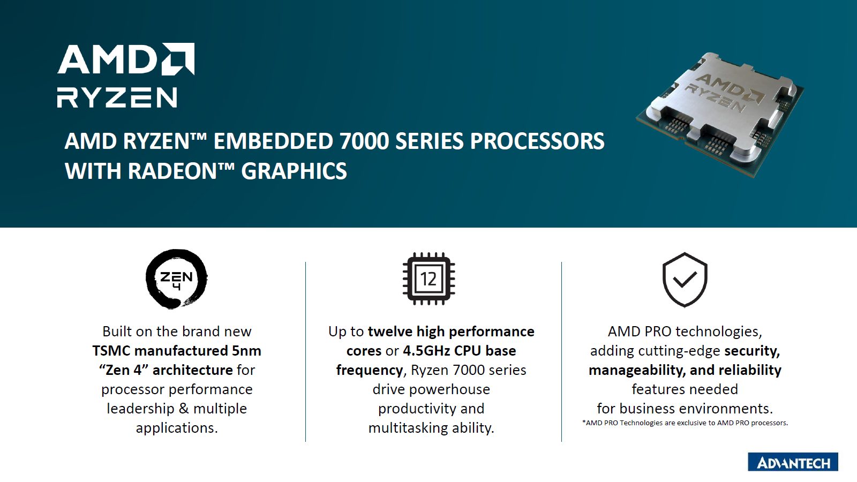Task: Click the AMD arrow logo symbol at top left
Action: pos(178,59)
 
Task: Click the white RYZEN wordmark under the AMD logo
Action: pos(117,97)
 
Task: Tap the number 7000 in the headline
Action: pos(364,141)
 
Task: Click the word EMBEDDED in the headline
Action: pos(273,141)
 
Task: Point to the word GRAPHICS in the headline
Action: pos(294,171)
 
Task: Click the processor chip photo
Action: pos(720,115)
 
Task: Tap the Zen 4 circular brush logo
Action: pos(176,279)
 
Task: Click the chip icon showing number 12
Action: pos(429,278)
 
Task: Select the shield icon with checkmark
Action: pos(685,280)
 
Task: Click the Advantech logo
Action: pos(793,462)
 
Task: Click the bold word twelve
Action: pos(390,332)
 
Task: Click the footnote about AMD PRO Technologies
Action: pos(685,423)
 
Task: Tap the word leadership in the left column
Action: pos(140,409)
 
